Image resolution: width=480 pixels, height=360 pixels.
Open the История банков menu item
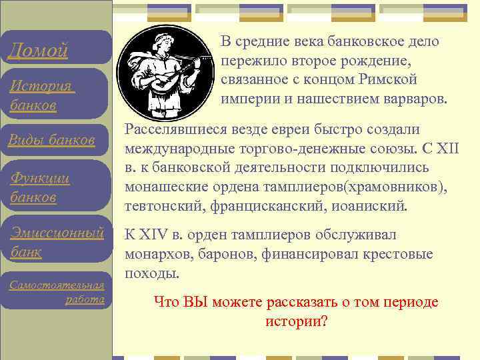41,96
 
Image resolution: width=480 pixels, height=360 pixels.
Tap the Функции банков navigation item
41,187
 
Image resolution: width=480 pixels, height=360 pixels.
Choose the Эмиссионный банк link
56,241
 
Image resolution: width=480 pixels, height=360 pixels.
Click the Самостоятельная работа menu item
57,292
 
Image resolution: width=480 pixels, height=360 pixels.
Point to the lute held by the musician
166,79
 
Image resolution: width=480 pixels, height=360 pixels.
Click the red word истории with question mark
291,321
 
